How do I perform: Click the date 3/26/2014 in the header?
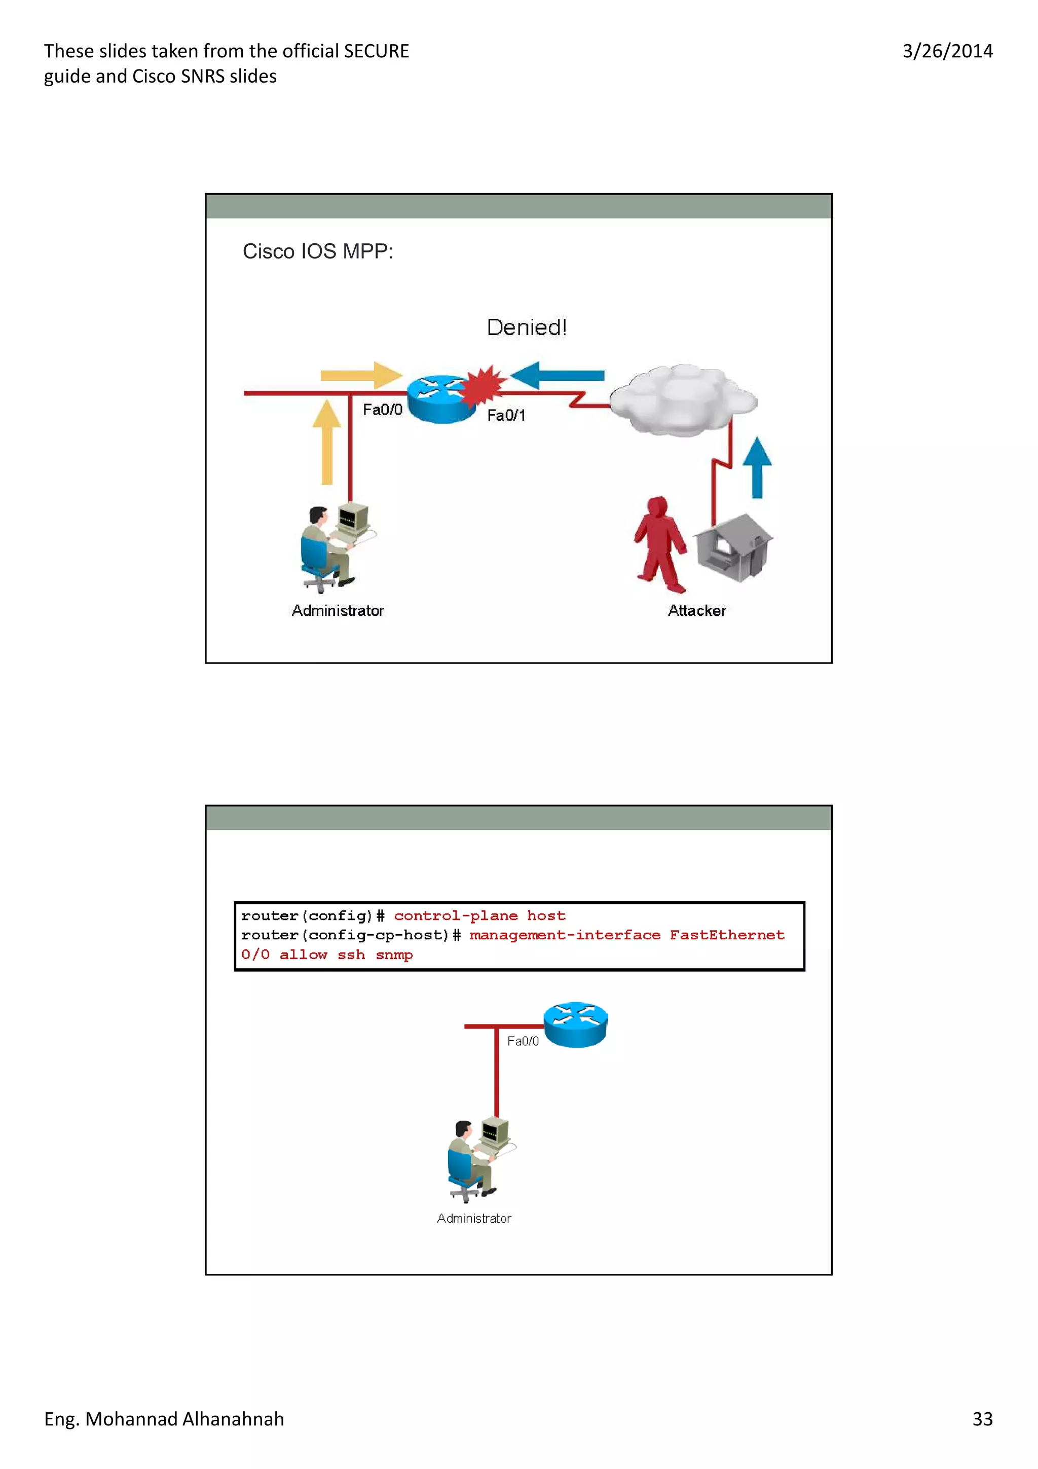point(947,51)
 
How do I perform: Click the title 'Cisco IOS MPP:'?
point(318,251)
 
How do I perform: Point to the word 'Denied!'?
point(527,327)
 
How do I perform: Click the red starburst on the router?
point(484,386)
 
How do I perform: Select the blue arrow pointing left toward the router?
point(557,376)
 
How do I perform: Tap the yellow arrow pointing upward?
point(327,442)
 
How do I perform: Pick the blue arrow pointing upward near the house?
point(757,467)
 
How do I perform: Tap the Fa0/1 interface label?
point(506,416)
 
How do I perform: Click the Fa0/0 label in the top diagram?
point(383,410)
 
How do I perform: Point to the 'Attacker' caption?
point(697,611)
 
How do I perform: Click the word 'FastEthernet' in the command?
point(726,935)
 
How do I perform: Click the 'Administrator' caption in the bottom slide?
point(474,1219)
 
